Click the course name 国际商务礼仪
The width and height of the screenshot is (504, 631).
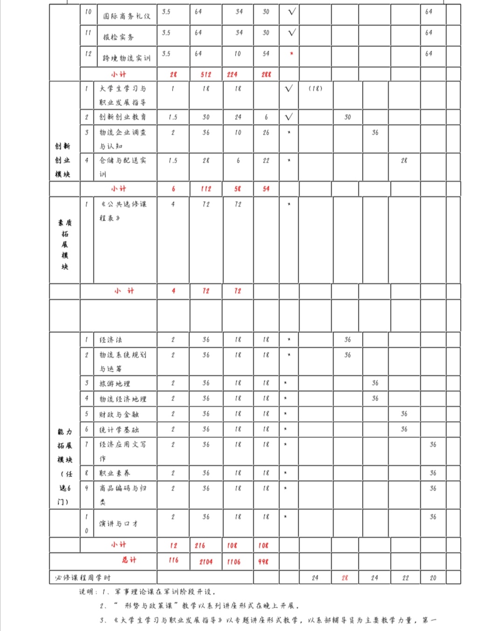tap(126, 16)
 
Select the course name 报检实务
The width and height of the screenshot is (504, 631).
tap(118, 37)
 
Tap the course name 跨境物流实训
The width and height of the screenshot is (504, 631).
tap(126, 58)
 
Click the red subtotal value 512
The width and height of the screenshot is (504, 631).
tap(206, 75)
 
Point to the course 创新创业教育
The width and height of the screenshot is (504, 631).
tap(122, 117)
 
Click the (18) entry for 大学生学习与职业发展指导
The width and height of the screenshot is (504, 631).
tap(315, 89)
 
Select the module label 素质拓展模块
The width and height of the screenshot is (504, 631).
tap(65, 244)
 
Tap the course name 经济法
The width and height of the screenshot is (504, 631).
tap(111, 340)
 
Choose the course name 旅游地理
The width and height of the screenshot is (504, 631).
tap(114, 383)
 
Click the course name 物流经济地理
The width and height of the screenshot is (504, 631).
tap(122, 399)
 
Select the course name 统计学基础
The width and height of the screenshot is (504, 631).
tap(119, 430)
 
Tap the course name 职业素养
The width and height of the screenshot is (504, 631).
tap(114, 473)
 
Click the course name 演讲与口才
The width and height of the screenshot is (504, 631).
tap(119, 524)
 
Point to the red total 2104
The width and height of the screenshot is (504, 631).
tap(206, 562)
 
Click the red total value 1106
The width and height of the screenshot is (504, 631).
tap(234, 562)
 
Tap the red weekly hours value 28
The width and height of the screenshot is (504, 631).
tap(345, 578)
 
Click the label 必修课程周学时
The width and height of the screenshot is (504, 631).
tap(83, 578)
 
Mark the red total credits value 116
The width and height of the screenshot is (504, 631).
tap(173, 560)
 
